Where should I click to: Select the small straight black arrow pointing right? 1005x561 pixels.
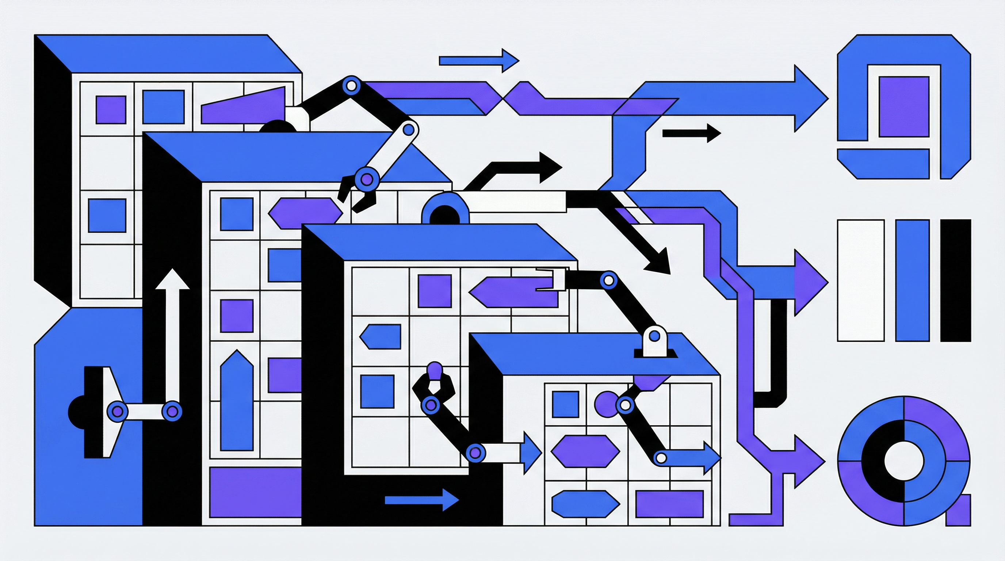691,133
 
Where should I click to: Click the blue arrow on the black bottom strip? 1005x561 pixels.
421,500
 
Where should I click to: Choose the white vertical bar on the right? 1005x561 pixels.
861,280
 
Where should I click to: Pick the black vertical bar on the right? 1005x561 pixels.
955,280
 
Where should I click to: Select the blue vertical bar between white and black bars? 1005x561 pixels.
913,280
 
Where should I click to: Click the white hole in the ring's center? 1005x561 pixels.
903,461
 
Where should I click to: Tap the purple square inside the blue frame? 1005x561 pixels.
903,107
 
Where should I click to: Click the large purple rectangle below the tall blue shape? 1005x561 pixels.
255,492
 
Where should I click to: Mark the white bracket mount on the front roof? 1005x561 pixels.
654,341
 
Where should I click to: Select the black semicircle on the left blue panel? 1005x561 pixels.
76,412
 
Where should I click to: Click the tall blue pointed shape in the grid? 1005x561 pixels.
236,402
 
